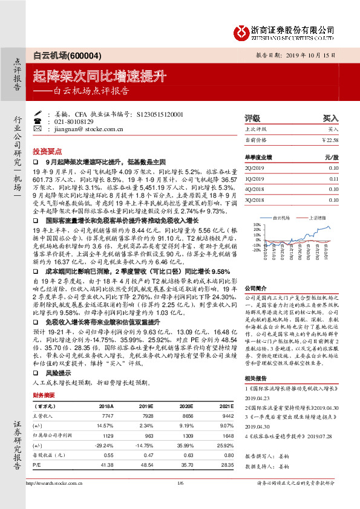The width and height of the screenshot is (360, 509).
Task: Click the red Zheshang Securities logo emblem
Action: [x=242, y=30]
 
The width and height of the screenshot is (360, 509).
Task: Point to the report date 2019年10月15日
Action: [x=312, y=54]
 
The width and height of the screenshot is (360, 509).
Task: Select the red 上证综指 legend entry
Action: [x=318, y=216]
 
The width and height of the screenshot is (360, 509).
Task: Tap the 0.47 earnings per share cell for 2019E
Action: [x=140, y=455]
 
